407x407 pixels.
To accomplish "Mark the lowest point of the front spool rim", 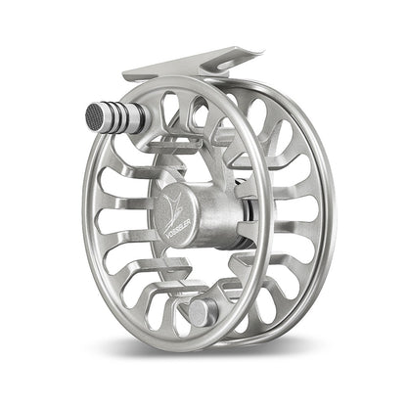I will pos(176,347).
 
